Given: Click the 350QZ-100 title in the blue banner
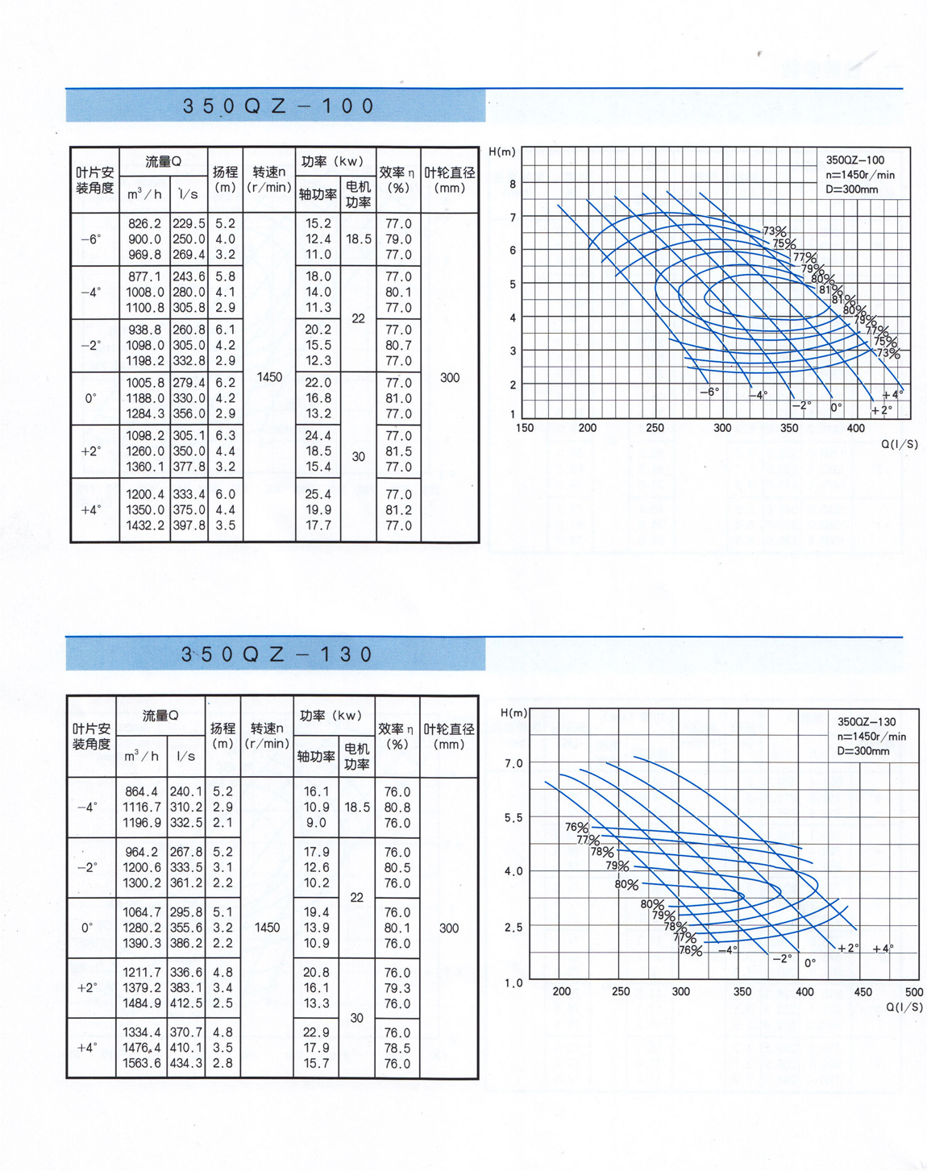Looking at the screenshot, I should click(x=279, y=106).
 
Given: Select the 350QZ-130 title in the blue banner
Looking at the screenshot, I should click(x=276, y=654).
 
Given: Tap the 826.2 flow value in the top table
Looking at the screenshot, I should click(x=144, y=223).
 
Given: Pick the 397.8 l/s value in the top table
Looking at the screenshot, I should click(x=189, y=525).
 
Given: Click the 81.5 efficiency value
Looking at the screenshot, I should click(x=398, y=451).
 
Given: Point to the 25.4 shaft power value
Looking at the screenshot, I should click(x=318, y=494).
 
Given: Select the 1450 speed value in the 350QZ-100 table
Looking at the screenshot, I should click(x=269, y=376).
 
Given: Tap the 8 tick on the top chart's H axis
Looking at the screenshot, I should click(x=513, y=184).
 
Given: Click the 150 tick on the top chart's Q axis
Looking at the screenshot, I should click(x=525, y=428).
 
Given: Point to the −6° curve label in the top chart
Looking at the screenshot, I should click(x=709, y=392).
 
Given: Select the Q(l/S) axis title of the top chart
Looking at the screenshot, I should click(x=899, y=444).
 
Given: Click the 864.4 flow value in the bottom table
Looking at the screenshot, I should click(x=142, y=791).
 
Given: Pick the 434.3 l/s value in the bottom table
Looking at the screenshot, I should click(x=187, y=1063).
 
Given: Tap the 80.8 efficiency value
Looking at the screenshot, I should click(x=397, y=807).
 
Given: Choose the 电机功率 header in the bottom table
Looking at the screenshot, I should click(x=357, y=757).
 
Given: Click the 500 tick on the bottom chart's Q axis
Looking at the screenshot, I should click(x=913, y=992).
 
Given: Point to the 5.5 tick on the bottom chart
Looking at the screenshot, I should click(x=513, y=817).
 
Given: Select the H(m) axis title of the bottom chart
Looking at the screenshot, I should click(x=514, y=712).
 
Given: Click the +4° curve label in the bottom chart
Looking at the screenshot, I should click(x=883, y=949).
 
